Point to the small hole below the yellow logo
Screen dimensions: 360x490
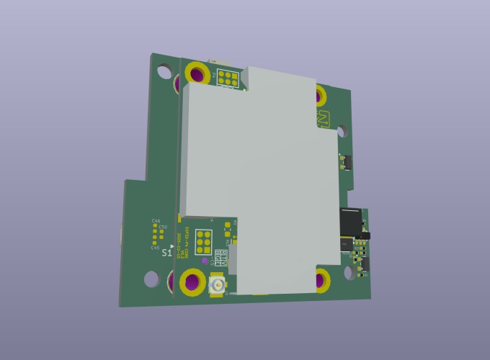[342, 132]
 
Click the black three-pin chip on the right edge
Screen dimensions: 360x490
[346, 163]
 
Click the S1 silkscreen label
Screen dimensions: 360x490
[166, 253]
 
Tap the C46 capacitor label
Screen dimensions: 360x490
[156, 221]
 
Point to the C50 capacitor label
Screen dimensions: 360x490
[163, 228]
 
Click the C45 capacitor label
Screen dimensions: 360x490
[155, 248]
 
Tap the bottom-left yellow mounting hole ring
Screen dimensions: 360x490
[192, 282]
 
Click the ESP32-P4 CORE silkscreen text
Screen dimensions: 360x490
[184, 245]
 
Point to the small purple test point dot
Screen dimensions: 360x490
[205, 261]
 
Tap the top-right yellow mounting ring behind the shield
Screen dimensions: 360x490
[320, 91]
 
